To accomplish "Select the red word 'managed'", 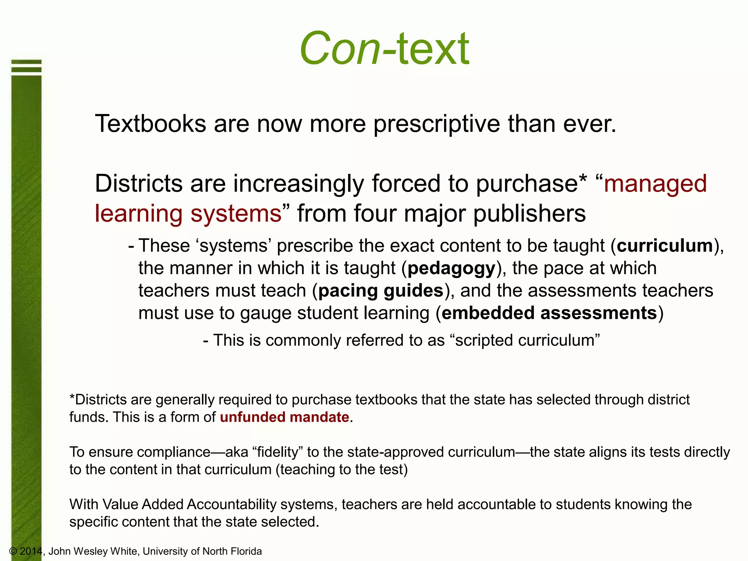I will (x=655, y=183).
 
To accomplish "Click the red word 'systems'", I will (x=236, y=213).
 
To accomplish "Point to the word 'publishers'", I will (x=530, y=213).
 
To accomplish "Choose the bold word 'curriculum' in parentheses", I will (x=665, y=245).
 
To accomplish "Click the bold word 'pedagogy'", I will (x=451, y=268).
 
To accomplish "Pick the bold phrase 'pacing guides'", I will (x=381, y=291).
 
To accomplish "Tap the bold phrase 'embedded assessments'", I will (x=549, y=313).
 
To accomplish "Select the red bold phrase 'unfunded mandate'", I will (x=285, y=417).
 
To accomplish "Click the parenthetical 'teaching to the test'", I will (x=341, y=470).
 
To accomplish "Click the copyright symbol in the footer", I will (x=13, y=551).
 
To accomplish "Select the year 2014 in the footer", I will (x=31, y=551).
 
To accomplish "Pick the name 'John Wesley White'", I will (x=93, y=551).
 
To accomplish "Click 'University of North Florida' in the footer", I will (x=202, y=551).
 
